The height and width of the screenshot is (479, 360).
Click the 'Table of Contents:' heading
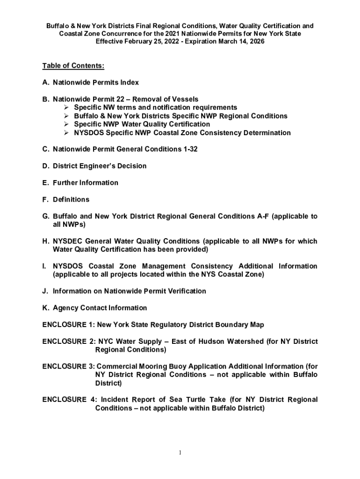[x=73, y=65]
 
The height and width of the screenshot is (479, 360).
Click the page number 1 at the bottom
[x=180, y=453]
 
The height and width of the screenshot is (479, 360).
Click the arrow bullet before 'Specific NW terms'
[x=67, y=108]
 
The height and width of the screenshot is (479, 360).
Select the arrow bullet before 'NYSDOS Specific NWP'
[x=67, y=133]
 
